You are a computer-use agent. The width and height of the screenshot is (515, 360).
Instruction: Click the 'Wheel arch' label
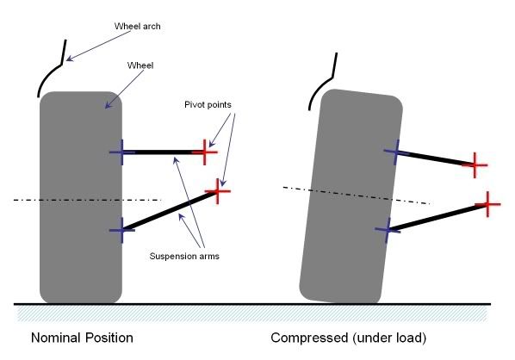click(x=137, y=27)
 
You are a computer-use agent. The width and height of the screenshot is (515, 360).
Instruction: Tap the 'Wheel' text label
click(x=140, y=65)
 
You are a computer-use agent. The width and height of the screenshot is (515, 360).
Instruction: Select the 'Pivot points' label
click(x=208, y=105)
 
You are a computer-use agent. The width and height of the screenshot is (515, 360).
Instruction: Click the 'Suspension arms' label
click(x=184, y=256)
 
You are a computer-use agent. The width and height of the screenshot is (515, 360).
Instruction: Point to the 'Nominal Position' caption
click(x=82, y=338)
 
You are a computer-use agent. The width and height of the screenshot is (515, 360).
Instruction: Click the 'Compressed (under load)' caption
click(x=349, y=338)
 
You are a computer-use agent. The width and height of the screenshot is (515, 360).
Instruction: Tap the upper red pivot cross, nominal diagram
click(x=205, y=152)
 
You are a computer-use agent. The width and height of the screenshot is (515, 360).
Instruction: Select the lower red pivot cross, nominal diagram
click(x=218, y=191)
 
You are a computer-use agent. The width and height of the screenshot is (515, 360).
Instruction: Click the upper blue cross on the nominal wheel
click(x=121, y=152)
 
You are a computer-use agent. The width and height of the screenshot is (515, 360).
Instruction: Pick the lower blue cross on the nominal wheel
click(x=121, y=230)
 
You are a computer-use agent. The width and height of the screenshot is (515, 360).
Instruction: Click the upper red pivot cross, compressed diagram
click(x=475, y=165)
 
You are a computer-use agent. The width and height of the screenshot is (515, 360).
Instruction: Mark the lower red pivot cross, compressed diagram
click(x=488, y=204)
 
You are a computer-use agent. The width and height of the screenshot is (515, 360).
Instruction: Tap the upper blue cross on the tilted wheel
click(x=397, y=152)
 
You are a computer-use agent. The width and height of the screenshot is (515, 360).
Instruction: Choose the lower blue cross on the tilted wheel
click(x=388, y=230)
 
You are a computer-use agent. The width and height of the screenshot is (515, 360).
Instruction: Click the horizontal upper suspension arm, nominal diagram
click(x=164, y=152)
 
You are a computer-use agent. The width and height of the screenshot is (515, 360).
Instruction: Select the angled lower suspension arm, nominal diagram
click(x=170, y=210)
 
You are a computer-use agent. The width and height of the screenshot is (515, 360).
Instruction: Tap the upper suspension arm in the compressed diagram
click(x=436, y=158)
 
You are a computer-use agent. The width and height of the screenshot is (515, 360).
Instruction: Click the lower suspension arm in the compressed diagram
click(x=437, y=217)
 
